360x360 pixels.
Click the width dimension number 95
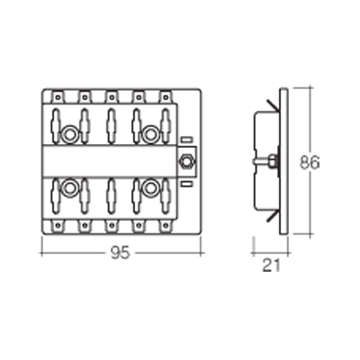tap(121, 253)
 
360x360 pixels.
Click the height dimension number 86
tap(310, 163)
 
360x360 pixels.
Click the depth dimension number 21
tap(271, 265)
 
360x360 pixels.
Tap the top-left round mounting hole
tap(69, 135)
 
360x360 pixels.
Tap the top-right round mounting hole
tap(150, 135)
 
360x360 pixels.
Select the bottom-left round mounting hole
tap(69, 188)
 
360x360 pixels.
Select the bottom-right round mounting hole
tap(150, 188)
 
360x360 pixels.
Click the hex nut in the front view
tap(186, 161)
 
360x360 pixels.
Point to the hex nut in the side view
tap(274, 160)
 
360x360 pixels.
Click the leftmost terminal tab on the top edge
tap(58, 96)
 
